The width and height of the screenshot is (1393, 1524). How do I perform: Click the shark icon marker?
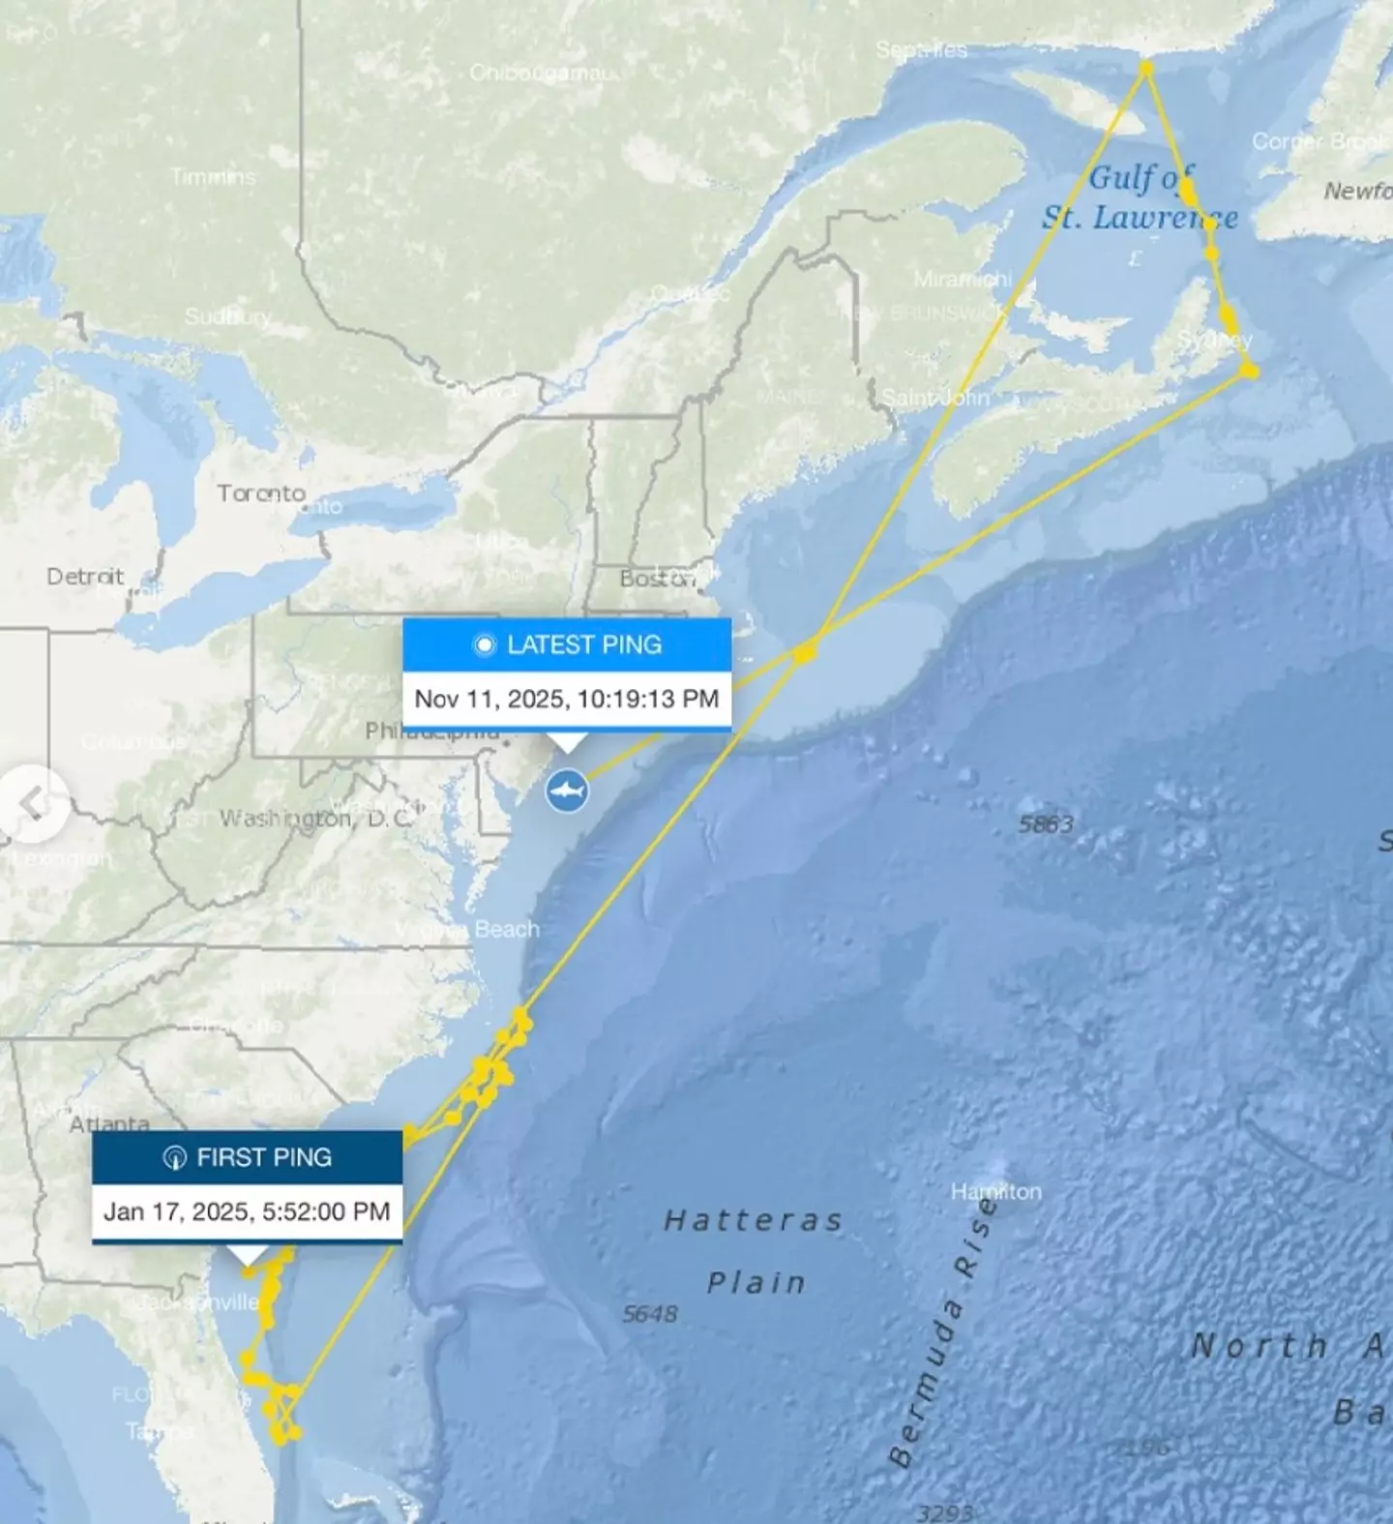[567, 791]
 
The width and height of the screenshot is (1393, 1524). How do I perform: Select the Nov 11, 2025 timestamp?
[567, 699]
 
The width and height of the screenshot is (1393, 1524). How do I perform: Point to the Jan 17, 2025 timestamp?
[247, 1211]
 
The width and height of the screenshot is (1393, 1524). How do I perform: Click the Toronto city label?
[261, 493]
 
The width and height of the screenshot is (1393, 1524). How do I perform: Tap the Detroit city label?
[85, 577]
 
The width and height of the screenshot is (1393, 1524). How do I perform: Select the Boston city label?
[657, 579]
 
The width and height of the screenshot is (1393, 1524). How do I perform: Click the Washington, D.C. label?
[315, 819]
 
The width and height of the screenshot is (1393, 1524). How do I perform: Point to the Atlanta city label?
[109, 1124]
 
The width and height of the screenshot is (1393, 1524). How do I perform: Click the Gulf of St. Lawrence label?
[1140, 197]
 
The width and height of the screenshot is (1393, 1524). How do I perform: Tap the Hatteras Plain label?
[755, 1251]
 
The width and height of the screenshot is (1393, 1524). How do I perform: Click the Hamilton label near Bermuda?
[996, 1191]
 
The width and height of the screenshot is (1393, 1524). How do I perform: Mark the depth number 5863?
[1046, 824]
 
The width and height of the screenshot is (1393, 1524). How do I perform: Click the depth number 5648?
[650, 1314]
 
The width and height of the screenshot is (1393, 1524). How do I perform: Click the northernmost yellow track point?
[1146, 68]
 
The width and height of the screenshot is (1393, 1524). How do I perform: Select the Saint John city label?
[935, 398]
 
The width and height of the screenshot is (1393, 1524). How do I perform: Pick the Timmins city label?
[214, 177]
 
